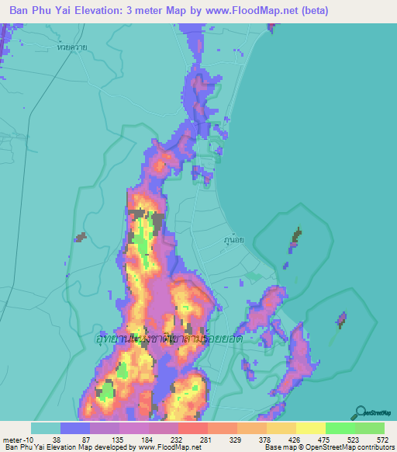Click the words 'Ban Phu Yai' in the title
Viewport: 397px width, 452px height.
coord(39,11)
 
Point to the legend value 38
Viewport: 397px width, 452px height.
coord(60,440)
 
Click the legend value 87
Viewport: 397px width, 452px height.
coord(91,440)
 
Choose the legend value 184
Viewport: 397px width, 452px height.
coord(151,440)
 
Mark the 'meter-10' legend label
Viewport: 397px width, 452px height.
coord(17,440)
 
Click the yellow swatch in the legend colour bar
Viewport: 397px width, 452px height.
coord(310,428)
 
